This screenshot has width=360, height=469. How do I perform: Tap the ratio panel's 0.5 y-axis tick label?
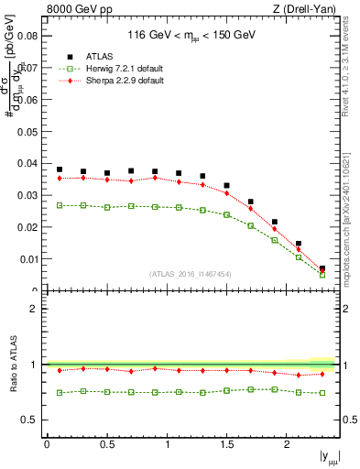(x=32, y=420)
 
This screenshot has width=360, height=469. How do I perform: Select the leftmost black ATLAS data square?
(x=60, y=169)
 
